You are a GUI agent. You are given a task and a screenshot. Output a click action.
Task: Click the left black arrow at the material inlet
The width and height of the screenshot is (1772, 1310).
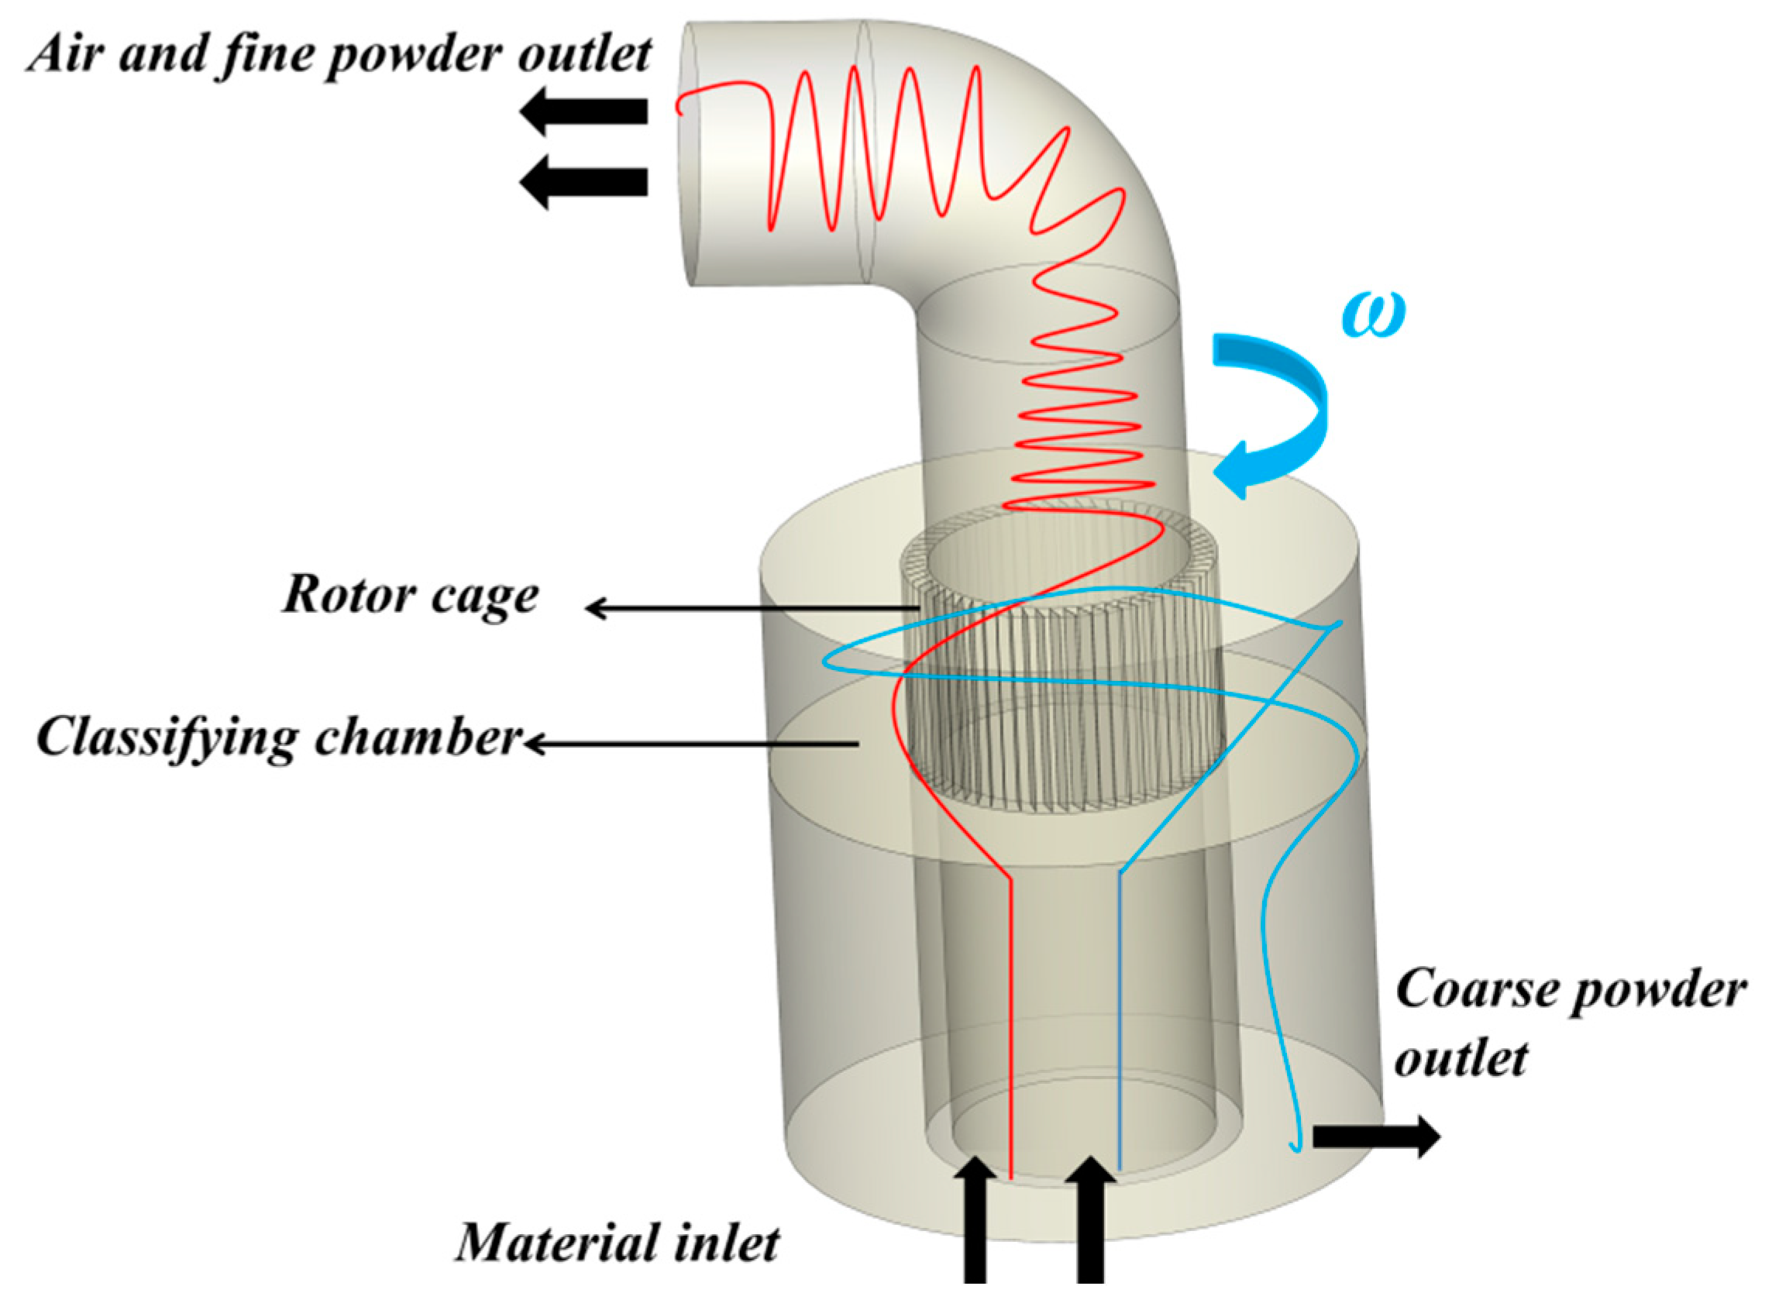coord(975,1225)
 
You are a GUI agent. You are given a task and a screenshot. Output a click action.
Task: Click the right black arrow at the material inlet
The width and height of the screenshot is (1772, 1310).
coord(1091,1225)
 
